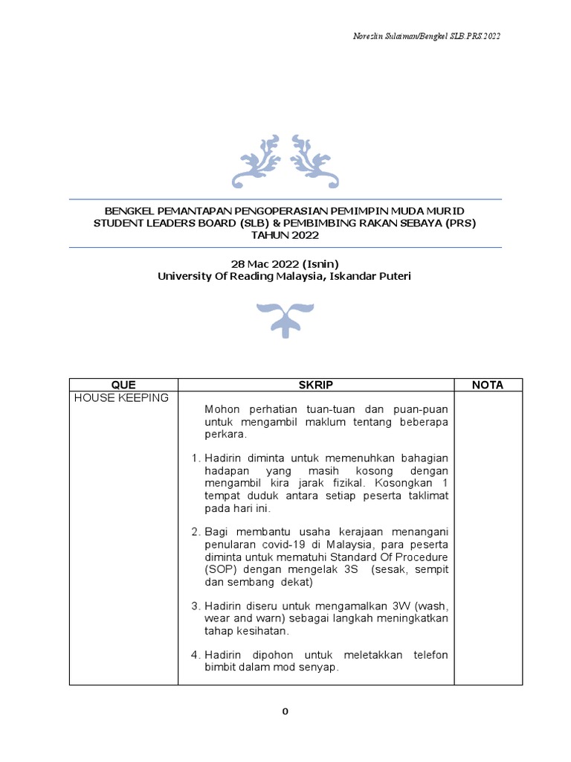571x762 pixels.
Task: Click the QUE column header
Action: (123, 385)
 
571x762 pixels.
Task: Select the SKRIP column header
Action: (316, 385)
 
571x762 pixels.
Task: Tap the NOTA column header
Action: (488, 385)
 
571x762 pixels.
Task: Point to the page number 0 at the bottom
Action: (285, 711)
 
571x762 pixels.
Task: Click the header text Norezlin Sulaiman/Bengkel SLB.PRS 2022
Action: (426, 36)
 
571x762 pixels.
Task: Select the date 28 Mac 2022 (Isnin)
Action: (285, 263)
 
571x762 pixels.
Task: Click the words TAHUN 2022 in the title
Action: (285, 235)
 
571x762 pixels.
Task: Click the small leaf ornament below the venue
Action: (285, 319)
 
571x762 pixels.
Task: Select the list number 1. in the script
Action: (196, 457)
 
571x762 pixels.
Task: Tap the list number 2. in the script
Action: (196, 532)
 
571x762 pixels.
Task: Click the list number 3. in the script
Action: (196, 605)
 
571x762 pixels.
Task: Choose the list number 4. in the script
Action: (196, 655)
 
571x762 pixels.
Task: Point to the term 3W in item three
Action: (396, 605)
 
